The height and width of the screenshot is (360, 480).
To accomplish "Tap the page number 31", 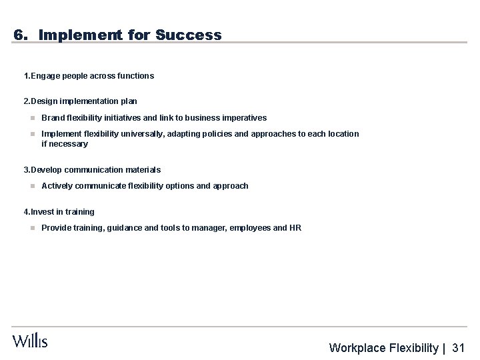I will click(x=458, y=348).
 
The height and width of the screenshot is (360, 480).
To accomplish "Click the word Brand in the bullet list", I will click(x=53, y=118).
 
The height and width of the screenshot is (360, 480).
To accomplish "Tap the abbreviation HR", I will click(x=295, y=228).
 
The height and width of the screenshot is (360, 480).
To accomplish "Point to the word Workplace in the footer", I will click(x=358, y=348).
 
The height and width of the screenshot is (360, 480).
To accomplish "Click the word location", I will click(x=342, y=134).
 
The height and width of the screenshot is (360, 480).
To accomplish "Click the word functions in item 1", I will click(x=136, y=76).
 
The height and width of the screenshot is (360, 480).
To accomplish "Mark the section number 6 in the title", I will click(x=18, y=35).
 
